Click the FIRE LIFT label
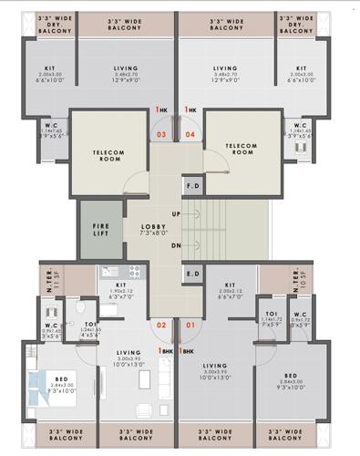point(101,230)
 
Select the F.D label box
point(192,186)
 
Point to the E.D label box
point(192,274)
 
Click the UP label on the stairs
point(176,213)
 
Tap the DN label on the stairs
point(176,245)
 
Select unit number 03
point(161,134)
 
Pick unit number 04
point(190,134)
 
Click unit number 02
point(161,325)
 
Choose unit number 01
point(190,325)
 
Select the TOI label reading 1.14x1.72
point(272,319)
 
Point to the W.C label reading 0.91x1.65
point(52,328)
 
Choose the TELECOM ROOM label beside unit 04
point(242,149)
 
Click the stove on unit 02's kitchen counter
point(131,272)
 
